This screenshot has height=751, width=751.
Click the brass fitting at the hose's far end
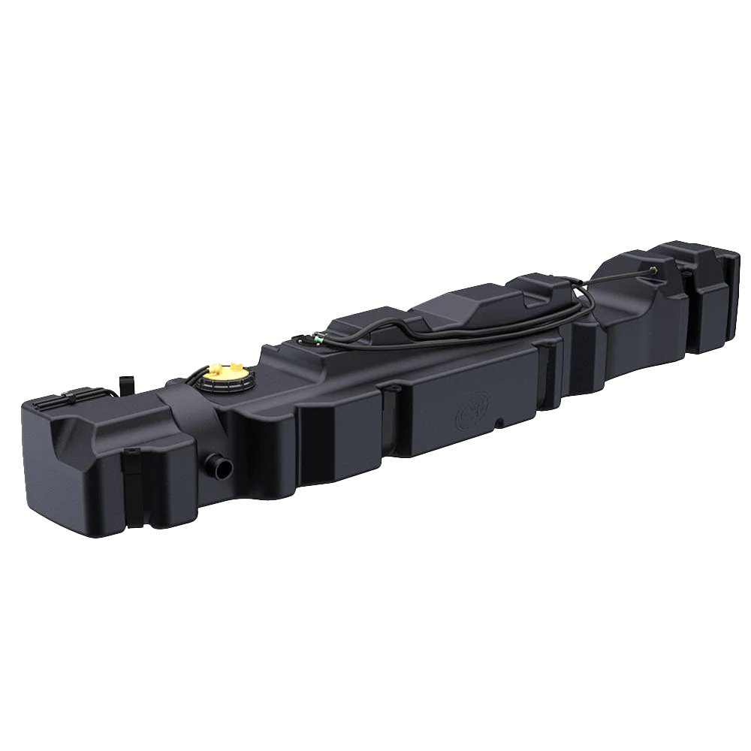click(656, 269)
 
